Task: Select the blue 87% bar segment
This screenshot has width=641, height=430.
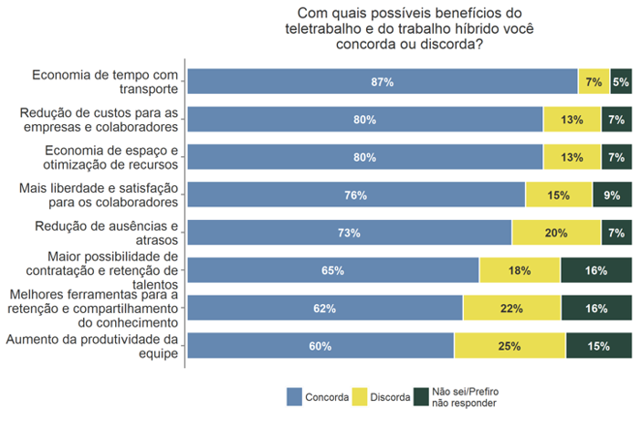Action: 383,82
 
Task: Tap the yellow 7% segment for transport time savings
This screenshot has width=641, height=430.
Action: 594,82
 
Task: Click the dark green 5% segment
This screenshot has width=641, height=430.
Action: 621,82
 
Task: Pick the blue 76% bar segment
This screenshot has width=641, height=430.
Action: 356,195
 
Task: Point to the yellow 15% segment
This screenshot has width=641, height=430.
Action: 559,195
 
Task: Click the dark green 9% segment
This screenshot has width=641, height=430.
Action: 613,195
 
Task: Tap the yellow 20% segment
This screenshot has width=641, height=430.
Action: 556,233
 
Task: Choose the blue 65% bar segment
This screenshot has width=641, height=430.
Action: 333,270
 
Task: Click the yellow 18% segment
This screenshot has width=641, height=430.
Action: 520,270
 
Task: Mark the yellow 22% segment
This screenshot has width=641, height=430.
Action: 512,309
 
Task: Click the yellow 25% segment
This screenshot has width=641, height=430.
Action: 510,346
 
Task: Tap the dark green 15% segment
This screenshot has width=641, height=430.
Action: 599,346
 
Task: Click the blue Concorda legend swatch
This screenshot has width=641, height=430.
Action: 294,397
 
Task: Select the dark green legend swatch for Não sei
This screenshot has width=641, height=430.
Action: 421,397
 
